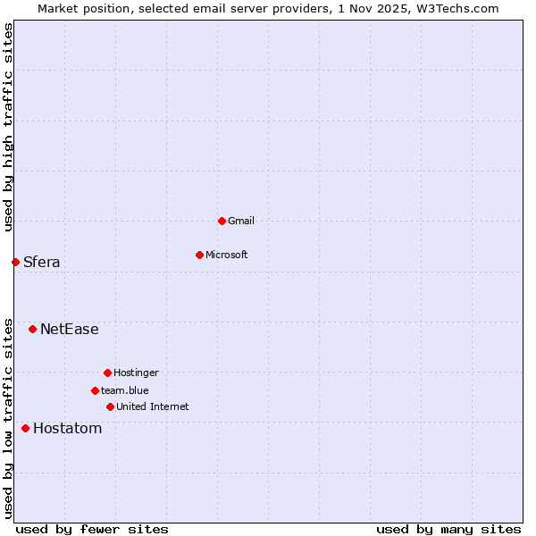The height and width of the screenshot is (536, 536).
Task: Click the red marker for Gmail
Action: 222,221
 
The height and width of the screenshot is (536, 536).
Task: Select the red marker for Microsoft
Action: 199,255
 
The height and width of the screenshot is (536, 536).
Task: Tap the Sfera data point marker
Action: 15,262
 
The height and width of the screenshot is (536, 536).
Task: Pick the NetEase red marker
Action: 32,330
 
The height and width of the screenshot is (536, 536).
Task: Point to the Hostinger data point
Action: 107,373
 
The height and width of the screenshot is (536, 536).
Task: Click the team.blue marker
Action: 95,390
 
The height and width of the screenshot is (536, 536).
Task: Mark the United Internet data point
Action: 110,406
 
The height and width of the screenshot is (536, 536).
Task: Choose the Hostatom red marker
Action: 25,429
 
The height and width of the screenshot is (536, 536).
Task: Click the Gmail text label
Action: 241,221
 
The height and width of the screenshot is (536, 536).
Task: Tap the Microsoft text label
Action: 227,255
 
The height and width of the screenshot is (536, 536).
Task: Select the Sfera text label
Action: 42,262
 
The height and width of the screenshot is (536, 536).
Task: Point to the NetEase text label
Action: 70,330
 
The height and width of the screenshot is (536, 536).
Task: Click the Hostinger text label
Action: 136,373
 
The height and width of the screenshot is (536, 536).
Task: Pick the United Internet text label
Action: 153,406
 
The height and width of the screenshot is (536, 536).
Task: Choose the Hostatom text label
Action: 68,429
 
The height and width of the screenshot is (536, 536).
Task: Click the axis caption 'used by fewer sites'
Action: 92,529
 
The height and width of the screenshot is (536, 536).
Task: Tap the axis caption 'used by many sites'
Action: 448,529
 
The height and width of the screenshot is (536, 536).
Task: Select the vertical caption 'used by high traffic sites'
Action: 8,128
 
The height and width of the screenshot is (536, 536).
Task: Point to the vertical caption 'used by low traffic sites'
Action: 8,417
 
